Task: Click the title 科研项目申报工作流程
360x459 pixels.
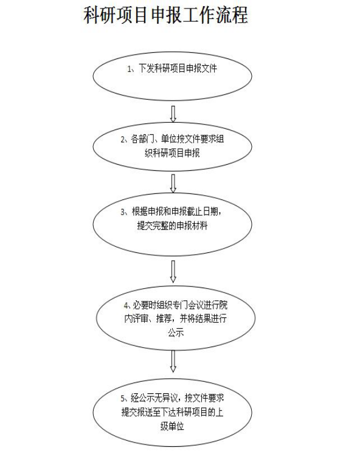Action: pyautogui.click(x=166, y=16)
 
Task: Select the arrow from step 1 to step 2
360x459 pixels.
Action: pyautogui.click(x=173, y=114)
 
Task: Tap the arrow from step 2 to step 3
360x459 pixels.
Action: pyautogui.click(x=173, y=184)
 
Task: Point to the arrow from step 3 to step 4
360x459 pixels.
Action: pyautogui.click(x=173, y=272)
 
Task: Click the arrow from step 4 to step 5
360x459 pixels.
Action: pyautogui.click(x=173, y=361)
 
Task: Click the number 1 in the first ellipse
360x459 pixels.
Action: pyautogui.click(x=129, y=69)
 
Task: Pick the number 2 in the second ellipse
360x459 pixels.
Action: pyautogui.click(x=123, y=140)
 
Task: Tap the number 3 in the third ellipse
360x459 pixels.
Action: pyautogui.click(x=123, y=212)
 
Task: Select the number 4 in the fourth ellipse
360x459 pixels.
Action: pyautogui.click(x=126, y=306)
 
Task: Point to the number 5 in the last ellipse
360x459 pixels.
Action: pyautogui.click(x=123, y=398)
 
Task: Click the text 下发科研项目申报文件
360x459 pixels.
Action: pyautogui.click(x=178, y=69)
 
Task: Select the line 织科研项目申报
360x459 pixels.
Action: pyautogui.click(x=172, y=153)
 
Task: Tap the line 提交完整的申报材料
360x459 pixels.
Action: pyautogui.click(x=172, y=226)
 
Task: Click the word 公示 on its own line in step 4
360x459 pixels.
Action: pyautogui.click(x=176, y=333)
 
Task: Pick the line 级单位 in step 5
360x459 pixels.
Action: pyautogui.click(x=172, y=426)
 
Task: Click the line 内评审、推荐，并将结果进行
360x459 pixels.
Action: pyautogui.click(x=176, y=319)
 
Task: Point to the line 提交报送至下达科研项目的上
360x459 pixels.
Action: pyautogui.click(x=172, y=412)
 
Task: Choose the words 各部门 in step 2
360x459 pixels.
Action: pyautogui.click(x=143, y=139)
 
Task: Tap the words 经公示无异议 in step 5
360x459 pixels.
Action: pyautogui.click(x=154, y=398)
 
